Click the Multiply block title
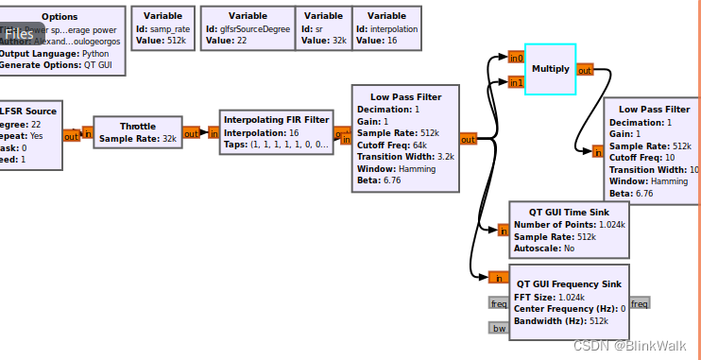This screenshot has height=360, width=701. point(551,69)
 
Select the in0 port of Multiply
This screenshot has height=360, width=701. point(515,58)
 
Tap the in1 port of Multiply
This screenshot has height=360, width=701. point(515,82)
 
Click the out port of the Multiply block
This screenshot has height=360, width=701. point(585,70)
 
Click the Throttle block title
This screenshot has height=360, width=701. point(138,126)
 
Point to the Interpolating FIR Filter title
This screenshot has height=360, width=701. point(276,119)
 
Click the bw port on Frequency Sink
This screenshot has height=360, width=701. point(498,328)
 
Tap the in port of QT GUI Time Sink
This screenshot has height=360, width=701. point(502,230)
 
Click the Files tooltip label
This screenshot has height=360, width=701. point(19,34)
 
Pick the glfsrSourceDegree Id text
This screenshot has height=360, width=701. point(247,28)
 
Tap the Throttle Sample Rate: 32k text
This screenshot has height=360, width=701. point(138,139)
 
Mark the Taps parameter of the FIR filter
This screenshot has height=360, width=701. point(276,145)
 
